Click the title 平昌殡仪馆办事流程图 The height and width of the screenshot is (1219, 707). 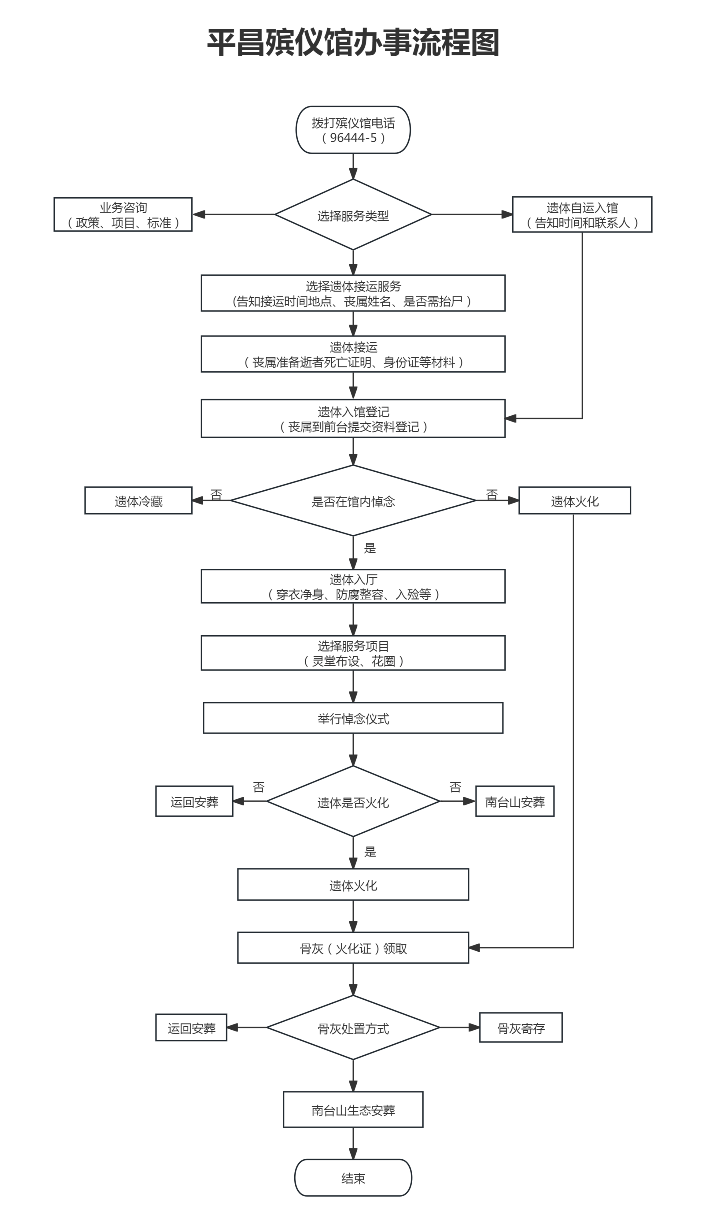(x=353, y=43)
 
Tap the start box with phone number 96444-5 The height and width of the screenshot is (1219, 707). (x=353, y=130)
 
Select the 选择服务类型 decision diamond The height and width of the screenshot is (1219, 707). (x=353, y=215)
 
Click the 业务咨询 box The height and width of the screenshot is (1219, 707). (x=123, y=215)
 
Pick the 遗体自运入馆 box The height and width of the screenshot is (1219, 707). (x=582, y=215)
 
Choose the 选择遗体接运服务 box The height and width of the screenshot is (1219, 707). (x=353, y=293)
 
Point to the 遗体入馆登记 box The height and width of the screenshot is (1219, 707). (x=353, y=418)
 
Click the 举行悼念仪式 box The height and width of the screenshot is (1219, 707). (x=353, y=718)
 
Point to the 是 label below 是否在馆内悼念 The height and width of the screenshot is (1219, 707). (x=370, y=548)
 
